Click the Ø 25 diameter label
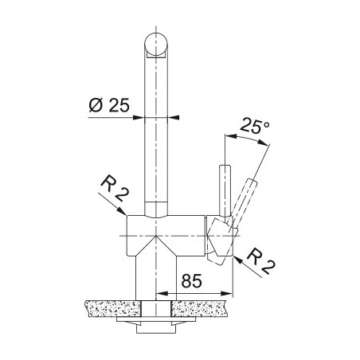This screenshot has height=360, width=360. tap(109, 105)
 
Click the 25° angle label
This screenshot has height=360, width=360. tap(255, 127)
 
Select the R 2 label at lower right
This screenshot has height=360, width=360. tap(260, 262)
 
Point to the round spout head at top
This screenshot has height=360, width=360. tap(156, 45)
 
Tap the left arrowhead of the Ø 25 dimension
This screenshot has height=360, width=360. tap(139, 117)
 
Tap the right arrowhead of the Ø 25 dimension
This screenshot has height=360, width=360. tap(174, 117)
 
